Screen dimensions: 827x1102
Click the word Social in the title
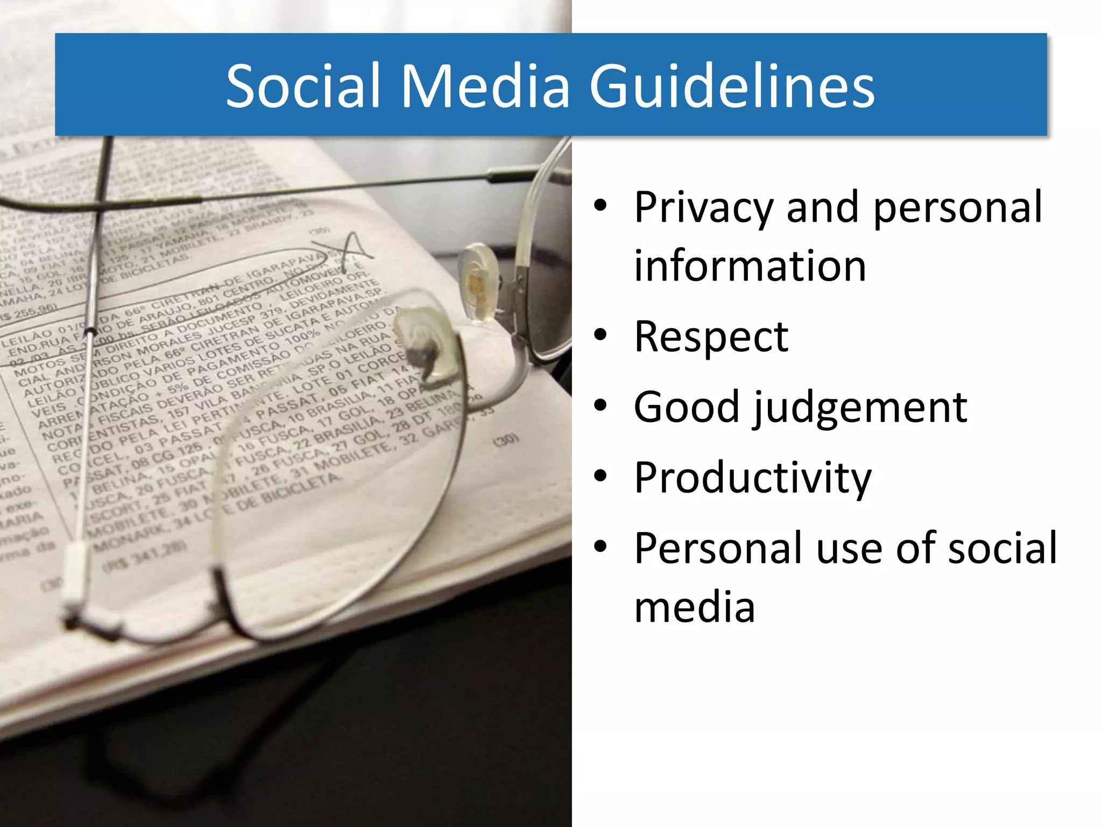305,86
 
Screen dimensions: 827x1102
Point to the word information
750,266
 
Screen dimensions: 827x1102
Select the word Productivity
752,479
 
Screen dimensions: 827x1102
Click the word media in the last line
695,607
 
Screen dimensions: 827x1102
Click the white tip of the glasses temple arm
73,573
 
